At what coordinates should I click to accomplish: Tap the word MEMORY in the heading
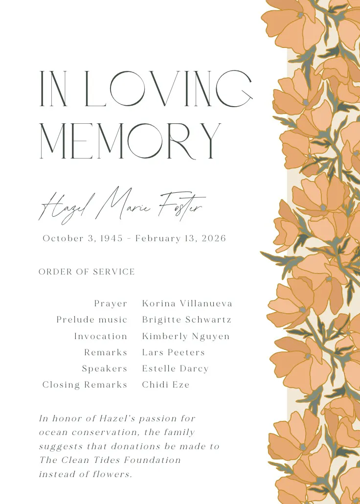point(130,140)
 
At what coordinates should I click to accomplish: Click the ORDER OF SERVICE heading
point(87,272)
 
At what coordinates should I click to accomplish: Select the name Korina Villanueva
point(187,304)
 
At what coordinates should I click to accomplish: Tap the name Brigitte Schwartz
point(186,320)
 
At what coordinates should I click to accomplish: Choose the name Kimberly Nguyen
point(186,337)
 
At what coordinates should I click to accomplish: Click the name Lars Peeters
point(173,352)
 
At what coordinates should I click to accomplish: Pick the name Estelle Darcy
point(175,368)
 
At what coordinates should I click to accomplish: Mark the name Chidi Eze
point(166,385)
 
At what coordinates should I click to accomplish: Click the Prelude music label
point(91,320)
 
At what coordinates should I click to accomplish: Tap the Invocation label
point(100,336)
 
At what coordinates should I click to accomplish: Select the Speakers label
point(104,368)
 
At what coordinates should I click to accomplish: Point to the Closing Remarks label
point(85,385)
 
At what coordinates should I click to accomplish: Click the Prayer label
point(111,304)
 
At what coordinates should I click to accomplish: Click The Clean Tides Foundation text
point(110,460)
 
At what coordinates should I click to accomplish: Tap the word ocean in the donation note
point(52,433)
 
